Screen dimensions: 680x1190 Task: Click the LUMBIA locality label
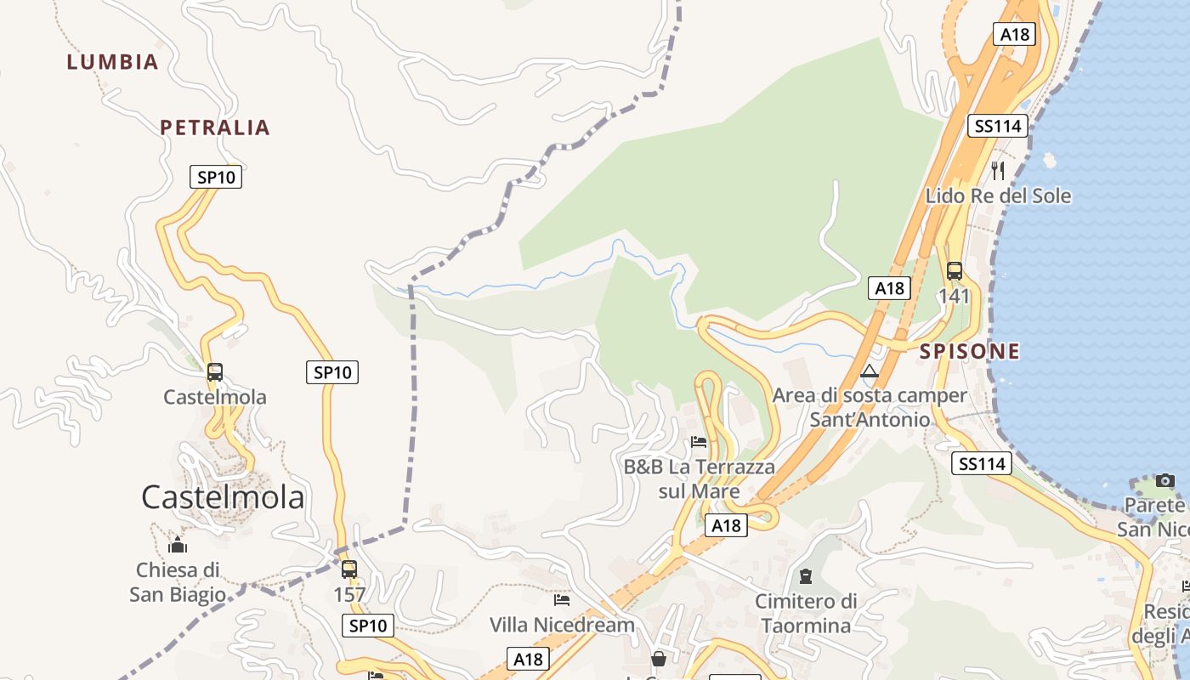(x=112, y=62)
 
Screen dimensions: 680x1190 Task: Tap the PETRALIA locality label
(x=215, y=127)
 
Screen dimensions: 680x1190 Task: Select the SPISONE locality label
(x=970, y=351)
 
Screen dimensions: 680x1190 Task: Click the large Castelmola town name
(x=223, y=497)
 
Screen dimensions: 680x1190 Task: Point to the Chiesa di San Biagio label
(x=178, y=582)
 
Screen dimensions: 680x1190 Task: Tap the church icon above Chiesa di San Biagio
(x=178, y=545)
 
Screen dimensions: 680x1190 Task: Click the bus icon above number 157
(x=349, y=569)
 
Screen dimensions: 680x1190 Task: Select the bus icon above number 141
(x=955, y=271)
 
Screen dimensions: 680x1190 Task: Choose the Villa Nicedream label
(x=562, y=625)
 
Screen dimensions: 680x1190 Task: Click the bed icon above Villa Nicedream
(x=562, y=599)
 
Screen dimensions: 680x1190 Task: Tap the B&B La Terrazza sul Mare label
(x=700, y=479)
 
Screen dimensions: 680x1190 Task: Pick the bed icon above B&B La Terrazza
(x=699, y=441)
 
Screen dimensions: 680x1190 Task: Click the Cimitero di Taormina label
(x=806, y=613)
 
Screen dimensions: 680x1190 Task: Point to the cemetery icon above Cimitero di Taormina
(x=806, y=576)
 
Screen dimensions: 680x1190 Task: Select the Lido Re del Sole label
(x=998, y=196)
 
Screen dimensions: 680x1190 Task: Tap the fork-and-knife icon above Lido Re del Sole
(x=998, y=170)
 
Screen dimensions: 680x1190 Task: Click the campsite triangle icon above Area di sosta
(x=869, y=371)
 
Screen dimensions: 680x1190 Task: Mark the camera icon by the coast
(x=1165, y=480)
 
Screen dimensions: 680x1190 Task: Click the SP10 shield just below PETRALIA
(x=216, y=177)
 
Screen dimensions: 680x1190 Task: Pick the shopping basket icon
(x=658, y=659)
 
